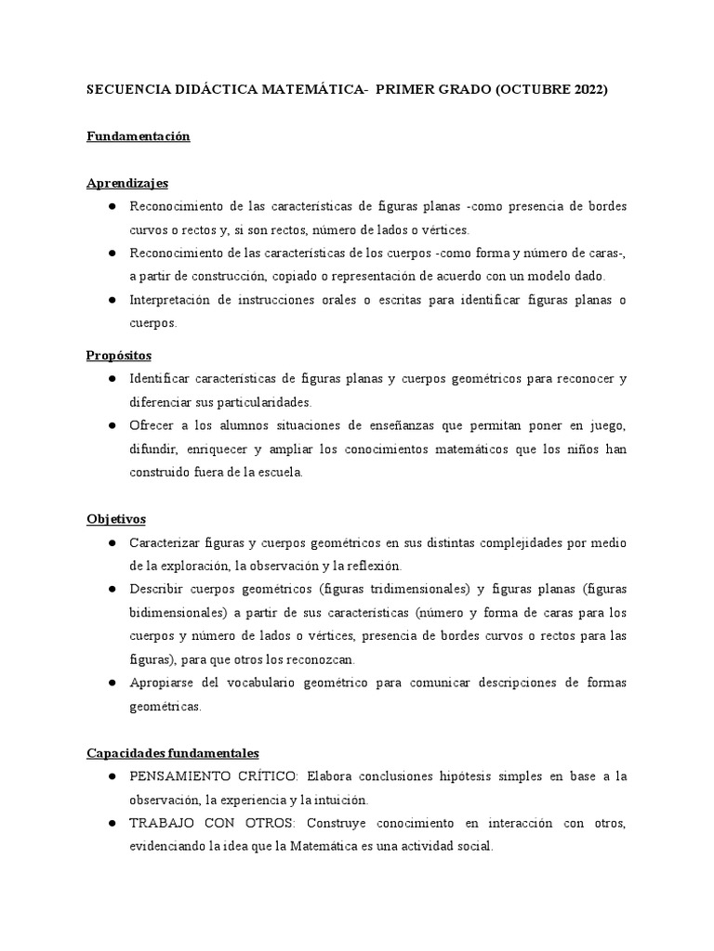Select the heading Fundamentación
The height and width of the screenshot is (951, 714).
[x=139, y=137]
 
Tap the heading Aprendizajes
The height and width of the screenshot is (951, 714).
[x=127, y=183]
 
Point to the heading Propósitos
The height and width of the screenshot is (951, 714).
[x=119, y=356]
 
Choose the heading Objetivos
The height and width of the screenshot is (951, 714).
[x=116, y=518]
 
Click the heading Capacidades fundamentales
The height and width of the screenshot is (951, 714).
[x=173, y=752]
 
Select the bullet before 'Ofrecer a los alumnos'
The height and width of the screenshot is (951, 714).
[x=112, y=426]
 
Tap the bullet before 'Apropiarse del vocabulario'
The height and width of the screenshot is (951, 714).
[x=112, y=684]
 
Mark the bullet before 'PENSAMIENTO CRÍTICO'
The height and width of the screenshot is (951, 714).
[x=112, y=775]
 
